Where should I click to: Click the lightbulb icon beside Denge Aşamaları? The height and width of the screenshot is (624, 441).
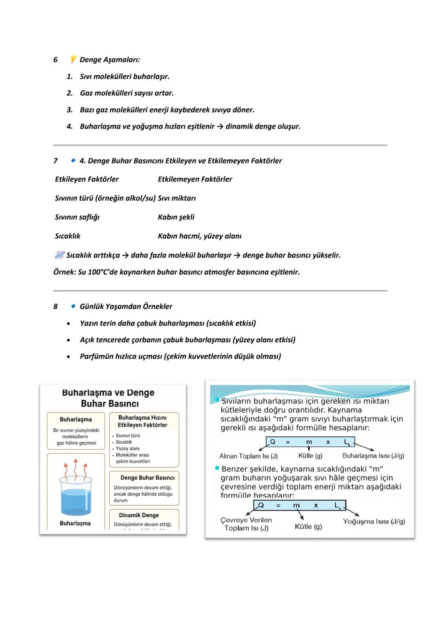pos(73,60)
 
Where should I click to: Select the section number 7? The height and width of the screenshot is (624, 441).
pos(56,161)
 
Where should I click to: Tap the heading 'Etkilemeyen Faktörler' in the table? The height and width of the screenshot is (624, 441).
pos(195,179)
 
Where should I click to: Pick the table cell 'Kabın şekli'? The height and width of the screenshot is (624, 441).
pos(176,217)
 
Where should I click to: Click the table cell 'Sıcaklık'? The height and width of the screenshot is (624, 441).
pos(67,236)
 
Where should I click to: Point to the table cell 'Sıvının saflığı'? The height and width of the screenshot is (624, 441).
pos(77,217)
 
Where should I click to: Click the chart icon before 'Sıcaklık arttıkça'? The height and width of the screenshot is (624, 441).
pos(59,255)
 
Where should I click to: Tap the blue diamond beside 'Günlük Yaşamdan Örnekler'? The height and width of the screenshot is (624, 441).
pos(73,306)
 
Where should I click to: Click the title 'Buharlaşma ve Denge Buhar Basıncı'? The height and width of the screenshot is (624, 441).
pos(108,398)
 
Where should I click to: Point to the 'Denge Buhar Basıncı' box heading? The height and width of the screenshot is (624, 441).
pos(147,478)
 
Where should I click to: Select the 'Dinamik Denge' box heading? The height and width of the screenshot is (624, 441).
pos(139,515)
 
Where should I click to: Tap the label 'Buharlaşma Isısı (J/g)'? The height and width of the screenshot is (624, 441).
pos(373,456)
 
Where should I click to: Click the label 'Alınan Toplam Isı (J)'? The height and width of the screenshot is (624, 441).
pos(248,456)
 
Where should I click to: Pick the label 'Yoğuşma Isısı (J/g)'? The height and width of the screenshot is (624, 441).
pos(374,521)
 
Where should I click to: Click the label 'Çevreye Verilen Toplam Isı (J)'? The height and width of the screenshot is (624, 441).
pos(246,524)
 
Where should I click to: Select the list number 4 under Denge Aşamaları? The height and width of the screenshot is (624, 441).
pos(69,127)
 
